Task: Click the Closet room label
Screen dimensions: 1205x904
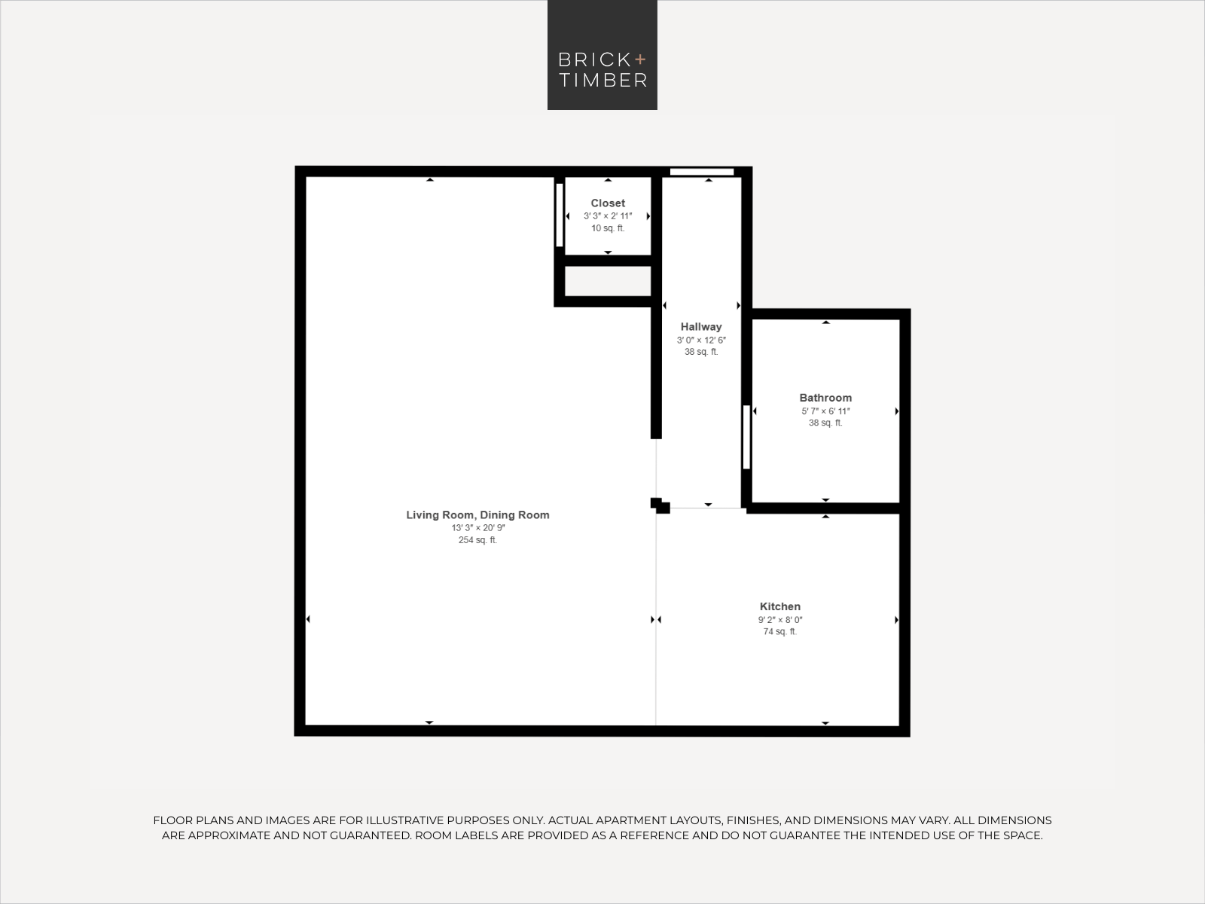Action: pos(608,203)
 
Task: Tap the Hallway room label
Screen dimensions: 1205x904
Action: pos(701,327)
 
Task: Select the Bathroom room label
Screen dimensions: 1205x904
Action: pos(825,398)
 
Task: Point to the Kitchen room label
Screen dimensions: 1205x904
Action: pos(780,606)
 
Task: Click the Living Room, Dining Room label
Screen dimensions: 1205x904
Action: pos(477,515)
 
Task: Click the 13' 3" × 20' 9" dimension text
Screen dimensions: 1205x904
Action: pos(477,528)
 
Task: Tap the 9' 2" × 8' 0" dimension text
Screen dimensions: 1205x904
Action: pos(780,620)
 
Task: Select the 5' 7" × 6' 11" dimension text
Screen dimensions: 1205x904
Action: pos(825,411)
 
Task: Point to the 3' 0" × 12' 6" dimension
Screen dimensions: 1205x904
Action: pos(701,341)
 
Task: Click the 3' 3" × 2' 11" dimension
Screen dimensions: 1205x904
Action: pos(608,216)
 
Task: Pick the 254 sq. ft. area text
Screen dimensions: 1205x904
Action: pos(477,540)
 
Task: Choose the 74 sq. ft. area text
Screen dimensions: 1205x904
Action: pos(780,632)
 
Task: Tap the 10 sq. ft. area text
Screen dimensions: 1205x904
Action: pos(608,228)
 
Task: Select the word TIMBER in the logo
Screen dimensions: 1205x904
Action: pos(602,80)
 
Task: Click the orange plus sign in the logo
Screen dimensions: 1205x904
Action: pos(640,59)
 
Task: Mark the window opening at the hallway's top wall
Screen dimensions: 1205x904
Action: pos(702,172)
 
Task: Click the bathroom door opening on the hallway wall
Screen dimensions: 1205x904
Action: pos(746,437)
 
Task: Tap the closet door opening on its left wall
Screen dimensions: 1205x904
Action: pos(560,215)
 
